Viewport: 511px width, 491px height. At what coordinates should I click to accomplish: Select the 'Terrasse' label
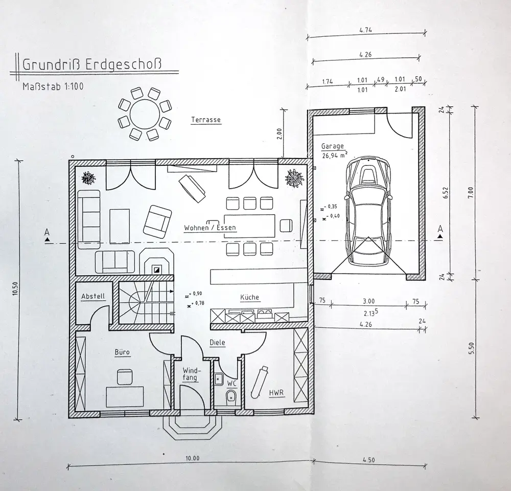click(205, 120)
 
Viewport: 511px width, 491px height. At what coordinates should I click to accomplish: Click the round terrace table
click(144, 114)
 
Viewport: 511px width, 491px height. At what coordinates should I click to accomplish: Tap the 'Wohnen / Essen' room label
click(211, 227)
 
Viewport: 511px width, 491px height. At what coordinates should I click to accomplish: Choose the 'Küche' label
click(250, 297)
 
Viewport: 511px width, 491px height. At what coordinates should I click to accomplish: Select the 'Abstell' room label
click(93, 296)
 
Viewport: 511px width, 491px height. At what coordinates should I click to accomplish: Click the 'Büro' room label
click(122, 352)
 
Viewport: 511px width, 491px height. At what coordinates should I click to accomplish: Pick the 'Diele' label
click(217, 343)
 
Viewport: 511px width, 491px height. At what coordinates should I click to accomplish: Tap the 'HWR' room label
click(276, 393)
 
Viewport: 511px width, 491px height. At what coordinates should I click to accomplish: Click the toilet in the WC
click(231, 396)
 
